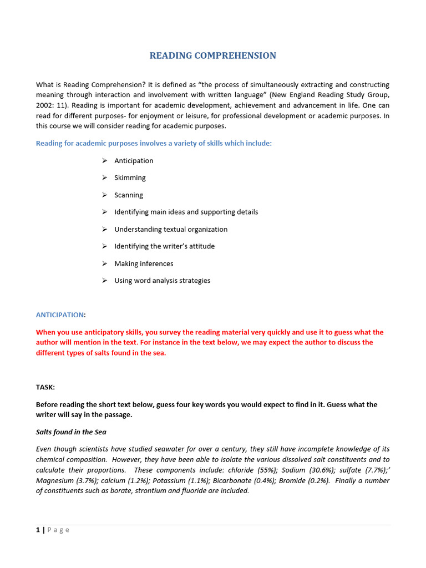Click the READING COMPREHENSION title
click(212, 55)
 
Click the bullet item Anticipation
click(134, 161)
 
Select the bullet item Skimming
click(130, 178)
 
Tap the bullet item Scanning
click(129, 195)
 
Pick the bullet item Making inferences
click(144, 264)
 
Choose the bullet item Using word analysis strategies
click(162, 281)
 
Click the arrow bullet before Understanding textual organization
click(104, 229)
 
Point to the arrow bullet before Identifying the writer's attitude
click(104, 246)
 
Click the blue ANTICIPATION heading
click(59, 315)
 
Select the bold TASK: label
click(45, 387)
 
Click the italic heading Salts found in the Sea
click(71, 432)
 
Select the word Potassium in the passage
click(169, 480)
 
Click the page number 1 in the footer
click(38, 530)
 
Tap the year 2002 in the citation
click(45, 105)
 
